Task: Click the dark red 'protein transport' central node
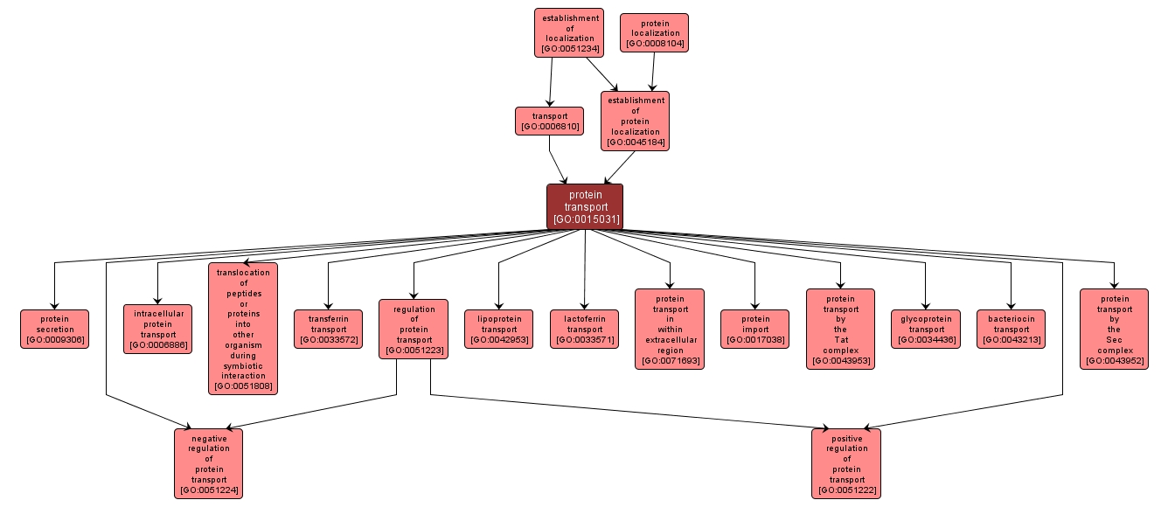point(585,207)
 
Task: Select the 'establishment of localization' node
point(569,33)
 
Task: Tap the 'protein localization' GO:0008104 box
point(654,33)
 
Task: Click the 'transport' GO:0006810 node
point(549,121)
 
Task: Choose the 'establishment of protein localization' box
point(635,121)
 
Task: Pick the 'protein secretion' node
point(55,329)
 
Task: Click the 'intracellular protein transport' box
point(158,329)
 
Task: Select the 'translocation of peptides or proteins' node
point(243,329)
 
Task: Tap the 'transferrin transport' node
point(328,329)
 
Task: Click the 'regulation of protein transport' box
point(414,329)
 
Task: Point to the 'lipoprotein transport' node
point(498,329)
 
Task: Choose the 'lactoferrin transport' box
point(584,329)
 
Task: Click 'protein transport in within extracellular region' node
point(670,329)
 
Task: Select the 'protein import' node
point(754,329)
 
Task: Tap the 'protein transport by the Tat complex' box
point(840,329)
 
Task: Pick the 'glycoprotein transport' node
point(925,329)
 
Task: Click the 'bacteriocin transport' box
point(1011,329)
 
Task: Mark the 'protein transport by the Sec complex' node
point(1114,329)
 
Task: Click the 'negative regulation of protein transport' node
point(208,463)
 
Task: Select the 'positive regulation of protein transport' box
point(845,463)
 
